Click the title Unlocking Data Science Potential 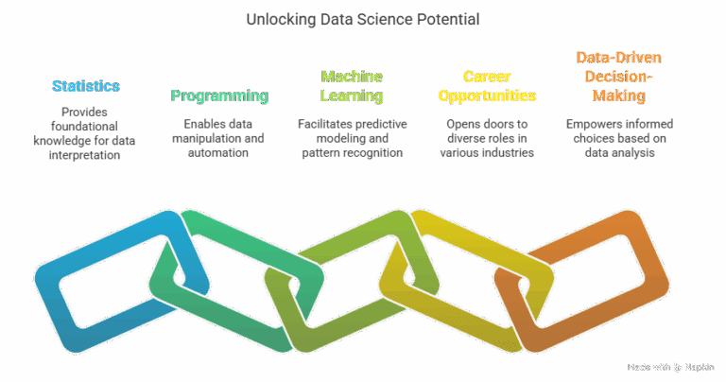coord(362,19)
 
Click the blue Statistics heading coord(86,86)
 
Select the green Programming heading coord(219,95)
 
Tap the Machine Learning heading coord(352,86)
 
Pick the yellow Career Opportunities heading coord(486,86)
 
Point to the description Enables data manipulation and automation coord(219,138)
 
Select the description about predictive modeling coord(352,138)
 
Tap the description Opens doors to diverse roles coord(486,138)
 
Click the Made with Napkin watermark coord(671,366)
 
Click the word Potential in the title coord(447,19)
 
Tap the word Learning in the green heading coord(352,95)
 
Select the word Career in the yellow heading coord(486,77)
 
